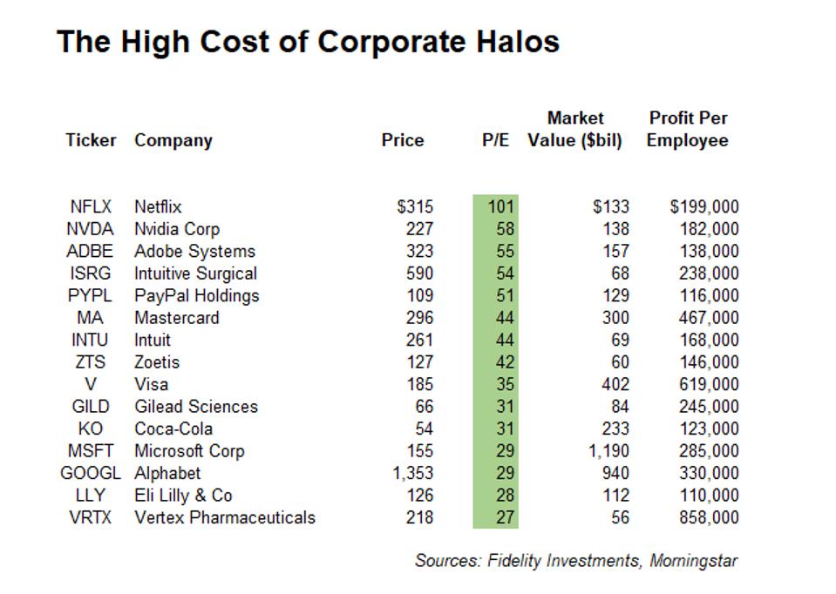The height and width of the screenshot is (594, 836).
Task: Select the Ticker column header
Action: click(x=91, y=140)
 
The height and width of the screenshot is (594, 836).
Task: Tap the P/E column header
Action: click(x=496, y=140)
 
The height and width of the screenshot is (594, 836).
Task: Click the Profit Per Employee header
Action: click(x=688, y=129)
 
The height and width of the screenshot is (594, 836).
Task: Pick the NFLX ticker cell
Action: click(x=91, y=206)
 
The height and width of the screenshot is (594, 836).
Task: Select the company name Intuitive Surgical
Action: click(x=195, y=273)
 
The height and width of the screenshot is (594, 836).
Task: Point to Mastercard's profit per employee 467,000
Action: click(x=708, y=318)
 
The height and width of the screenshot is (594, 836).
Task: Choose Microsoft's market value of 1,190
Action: click(x=607, y=451)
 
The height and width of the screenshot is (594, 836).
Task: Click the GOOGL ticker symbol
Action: click(x=91, y=473)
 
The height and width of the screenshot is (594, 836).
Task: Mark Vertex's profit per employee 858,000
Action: click(x=708, y=517)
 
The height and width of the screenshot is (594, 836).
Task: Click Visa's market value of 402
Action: click(x=615, y=384)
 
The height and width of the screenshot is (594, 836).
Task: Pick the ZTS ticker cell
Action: click(x=91, y=362)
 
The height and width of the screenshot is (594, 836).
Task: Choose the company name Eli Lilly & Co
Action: click(x=183, y=496)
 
